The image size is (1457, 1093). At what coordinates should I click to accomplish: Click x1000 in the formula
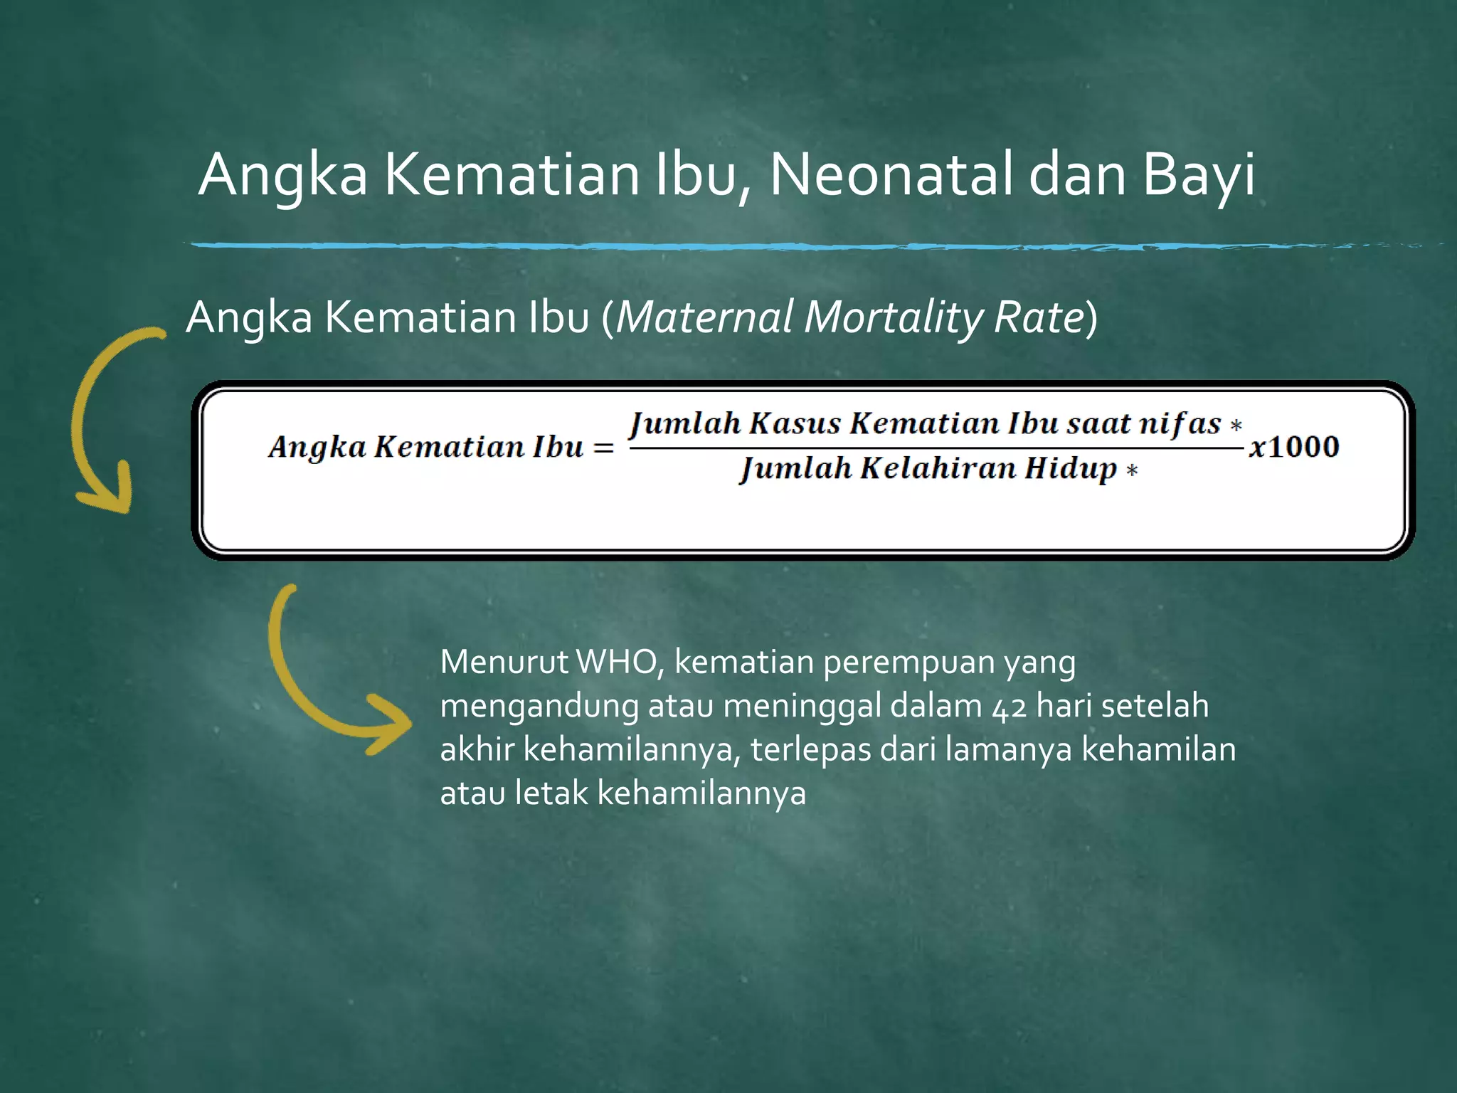(x=1294, y=447)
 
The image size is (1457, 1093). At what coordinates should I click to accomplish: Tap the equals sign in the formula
(x=603, y=448)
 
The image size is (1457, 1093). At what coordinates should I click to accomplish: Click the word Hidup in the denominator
(x=1071, y=469)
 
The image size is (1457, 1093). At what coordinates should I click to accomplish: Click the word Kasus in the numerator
(x=795, y=424)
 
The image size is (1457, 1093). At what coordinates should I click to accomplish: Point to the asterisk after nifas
(x=1236, y=425)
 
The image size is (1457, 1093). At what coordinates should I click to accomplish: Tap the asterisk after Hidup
(x=1132, y=470)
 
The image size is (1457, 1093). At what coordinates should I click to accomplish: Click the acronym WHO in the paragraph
(x=616, y=662)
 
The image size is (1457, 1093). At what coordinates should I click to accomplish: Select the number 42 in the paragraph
(x=1010, y=707)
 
